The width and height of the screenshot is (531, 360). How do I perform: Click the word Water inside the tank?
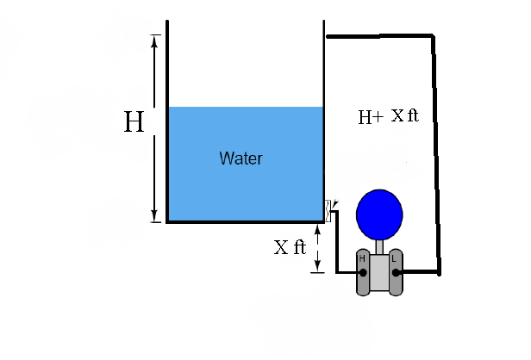(x=241, y=158)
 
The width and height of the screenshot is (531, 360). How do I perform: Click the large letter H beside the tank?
(x=134, y=122)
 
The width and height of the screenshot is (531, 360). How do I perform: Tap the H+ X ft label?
(x=388, y=115)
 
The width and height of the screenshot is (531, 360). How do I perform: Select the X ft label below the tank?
(x=290, y=247)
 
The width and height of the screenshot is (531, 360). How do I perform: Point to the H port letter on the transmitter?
(x=362, y=258)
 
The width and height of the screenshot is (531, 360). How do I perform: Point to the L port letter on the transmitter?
(x=394, y=258)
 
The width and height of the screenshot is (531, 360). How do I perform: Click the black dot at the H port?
(x=363, y=272)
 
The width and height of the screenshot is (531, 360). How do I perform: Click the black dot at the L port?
(x=396, y=272)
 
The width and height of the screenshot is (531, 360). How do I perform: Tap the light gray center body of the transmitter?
(x=379, y=274)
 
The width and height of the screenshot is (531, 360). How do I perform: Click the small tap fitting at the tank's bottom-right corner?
(x=328, y=210)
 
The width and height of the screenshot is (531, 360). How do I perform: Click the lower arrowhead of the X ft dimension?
(x=317, y=268)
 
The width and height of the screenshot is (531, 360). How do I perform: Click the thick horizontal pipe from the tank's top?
(x=379, y=36)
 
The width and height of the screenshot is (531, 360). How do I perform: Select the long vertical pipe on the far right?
(x=438, y=155)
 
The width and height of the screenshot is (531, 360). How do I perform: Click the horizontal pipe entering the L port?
(x=421, y=273)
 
